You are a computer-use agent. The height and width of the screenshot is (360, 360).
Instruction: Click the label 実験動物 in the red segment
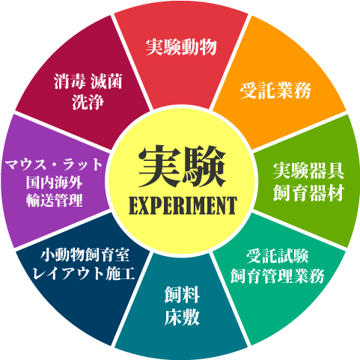pos(181,47)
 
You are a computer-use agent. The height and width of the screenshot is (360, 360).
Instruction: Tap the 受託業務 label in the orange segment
pos(275,91)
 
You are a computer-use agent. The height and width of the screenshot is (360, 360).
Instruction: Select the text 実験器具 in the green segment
pos(308,171)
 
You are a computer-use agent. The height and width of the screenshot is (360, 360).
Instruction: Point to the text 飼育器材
pos(308,192)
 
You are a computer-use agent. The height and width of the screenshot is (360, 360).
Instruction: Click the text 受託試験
pos(277,256)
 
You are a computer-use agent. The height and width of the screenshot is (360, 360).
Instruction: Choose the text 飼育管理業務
pos(277,276)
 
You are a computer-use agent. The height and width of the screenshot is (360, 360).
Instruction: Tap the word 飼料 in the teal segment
pos(182,295)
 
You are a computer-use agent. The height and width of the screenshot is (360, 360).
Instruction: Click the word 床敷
pos(182,317)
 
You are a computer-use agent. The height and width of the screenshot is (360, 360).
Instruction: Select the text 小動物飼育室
pos(85,255)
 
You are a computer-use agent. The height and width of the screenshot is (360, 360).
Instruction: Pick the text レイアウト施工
pos(84,273)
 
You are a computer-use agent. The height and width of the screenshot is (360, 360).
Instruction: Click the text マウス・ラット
pos(54,165)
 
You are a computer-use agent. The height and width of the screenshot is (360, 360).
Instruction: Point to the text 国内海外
pos(54,183)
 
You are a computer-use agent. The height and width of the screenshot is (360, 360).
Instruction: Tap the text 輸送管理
pos(54,200)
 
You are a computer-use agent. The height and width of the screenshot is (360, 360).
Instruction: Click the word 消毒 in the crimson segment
pos(70,82)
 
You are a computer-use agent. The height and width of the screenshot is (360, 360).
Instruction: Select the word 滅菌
pos(106,82)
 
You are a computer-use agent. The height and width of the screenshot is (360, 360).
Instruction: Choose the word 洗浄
pos(88,102)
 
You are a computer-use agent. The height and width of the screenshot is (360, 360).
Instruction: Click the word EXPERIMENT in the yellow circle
pos(183,206)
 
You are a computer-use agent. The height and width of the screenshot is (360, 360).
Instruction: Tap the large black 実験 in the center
pos(182,166)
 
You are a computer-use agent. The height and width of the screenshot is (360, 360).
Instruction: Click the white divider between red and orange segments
pos(230,61)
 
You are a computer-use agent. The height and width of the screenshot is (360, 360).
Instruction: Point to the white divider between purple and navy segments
pos(62,230)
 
